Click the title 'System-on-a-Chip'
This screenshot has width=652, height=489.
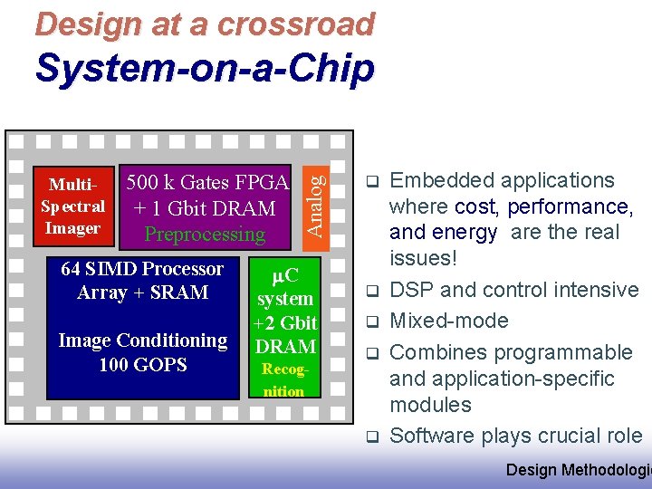coord(204,68)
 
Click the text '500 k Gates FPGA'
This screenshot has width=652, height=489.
coord(207,183)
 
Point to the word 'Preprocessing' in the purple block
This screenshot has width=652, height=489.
coord(206,235)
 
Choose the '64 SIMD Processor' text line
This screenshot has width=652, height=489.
coord(142,269)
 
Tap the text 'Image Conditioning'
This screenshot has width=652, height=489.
coord(143,340)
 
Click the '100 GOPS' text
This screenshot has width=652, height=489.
coord(143,365)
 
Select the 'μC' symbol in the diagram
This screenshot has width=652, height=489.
coord(285,274)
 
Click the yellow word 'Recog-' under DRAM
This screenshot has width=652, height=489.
coord(284,369)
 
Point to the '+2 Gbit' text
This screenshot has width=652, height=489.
coord(285,322)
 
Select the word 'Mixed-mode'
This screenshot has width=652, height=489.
coord(449,321)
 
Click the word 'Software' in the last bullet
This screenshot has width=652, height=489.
coord(432,436)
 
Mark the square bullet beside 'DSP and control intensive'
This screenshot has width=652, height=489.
coord(371,292)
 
